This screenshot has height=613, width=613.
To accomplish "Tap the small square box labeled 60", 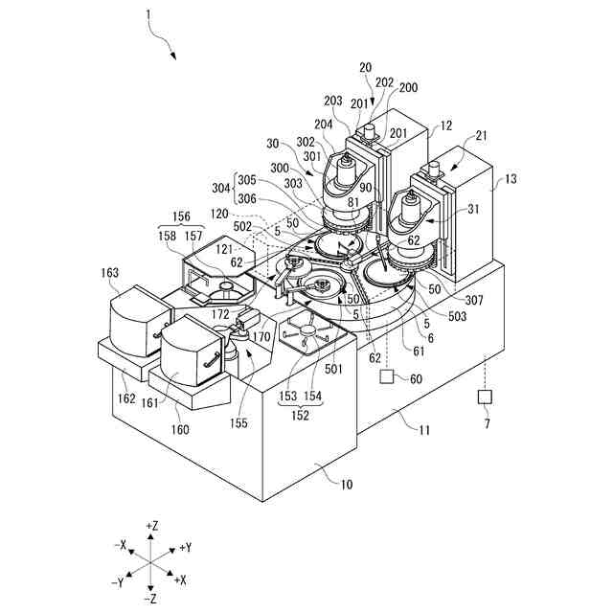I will pos(386,378).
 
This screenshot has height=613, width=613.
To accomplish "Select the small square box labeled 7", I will pos(486,397).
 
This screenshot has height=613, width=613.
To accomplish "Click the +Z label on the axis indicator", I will pos(151,526).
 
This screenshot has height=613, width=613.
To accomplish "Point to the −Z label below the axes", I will pos(151,598).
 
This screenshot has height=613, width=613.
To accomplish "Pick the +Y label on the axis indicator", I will pos(187,547).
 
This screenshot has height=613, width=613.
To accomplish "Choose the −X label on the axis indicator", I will pos(119,545).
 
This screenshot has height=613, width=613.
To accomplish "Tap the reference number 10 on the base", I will pos(345,485).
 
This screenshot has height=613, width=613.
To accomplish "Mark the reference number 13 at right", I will pos(511,178).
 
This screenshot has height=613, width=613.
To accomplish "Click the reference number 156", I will pos(180,216).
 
